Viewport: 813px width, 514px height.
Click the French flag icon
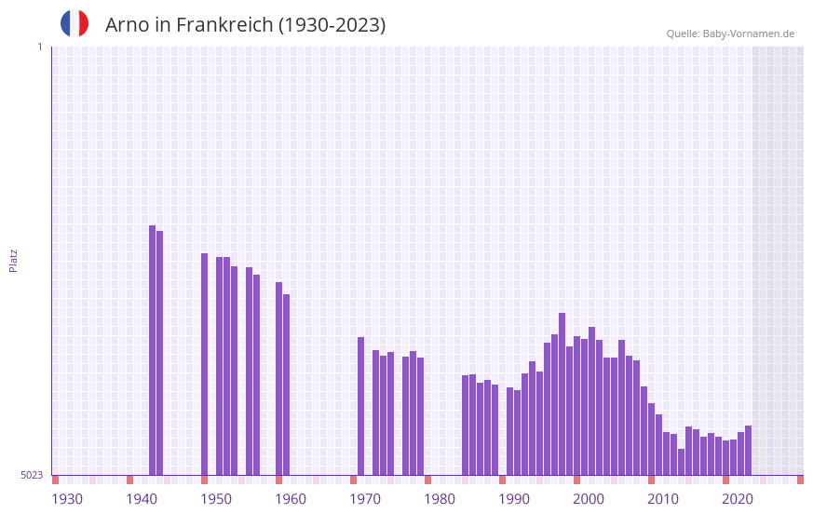pos(75,23)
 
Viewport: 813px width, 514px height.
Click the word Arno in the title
pos(125,25)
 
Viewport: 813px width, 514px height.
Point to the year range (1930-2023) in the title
pos(332,25)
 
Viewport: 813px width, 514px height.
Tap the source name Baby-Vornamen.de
pos(749,34)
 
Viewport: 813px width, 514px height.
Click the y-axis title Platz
pos(13,260)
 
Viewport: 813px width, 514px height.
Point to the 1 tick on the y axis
pos(39,47)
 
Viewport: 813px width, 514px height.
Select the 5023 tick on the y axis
pos(32,475)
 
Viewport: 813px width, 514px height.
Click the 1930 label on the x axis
pos(67,499)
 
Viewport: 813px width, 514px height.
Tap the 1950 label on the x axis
pos(216,499)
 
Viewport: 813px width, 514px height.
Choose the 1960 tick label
pos(291,499)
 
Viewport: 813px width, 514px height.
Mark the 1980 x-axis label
pos(440,499)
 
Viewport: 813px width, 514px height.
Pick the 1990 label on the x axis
pos(514,499)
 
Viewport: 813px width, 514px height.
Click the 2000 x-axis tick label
pos(589,499)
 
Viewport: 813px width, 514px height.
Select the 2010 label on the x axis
pos(663,499)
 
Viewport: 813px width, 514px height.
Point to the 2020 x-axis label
pos(738,499)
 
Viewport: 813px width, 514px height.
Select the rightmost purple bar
pos(748,451)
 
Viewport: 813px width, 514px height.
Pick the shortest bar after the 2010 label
pos(681,462)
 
